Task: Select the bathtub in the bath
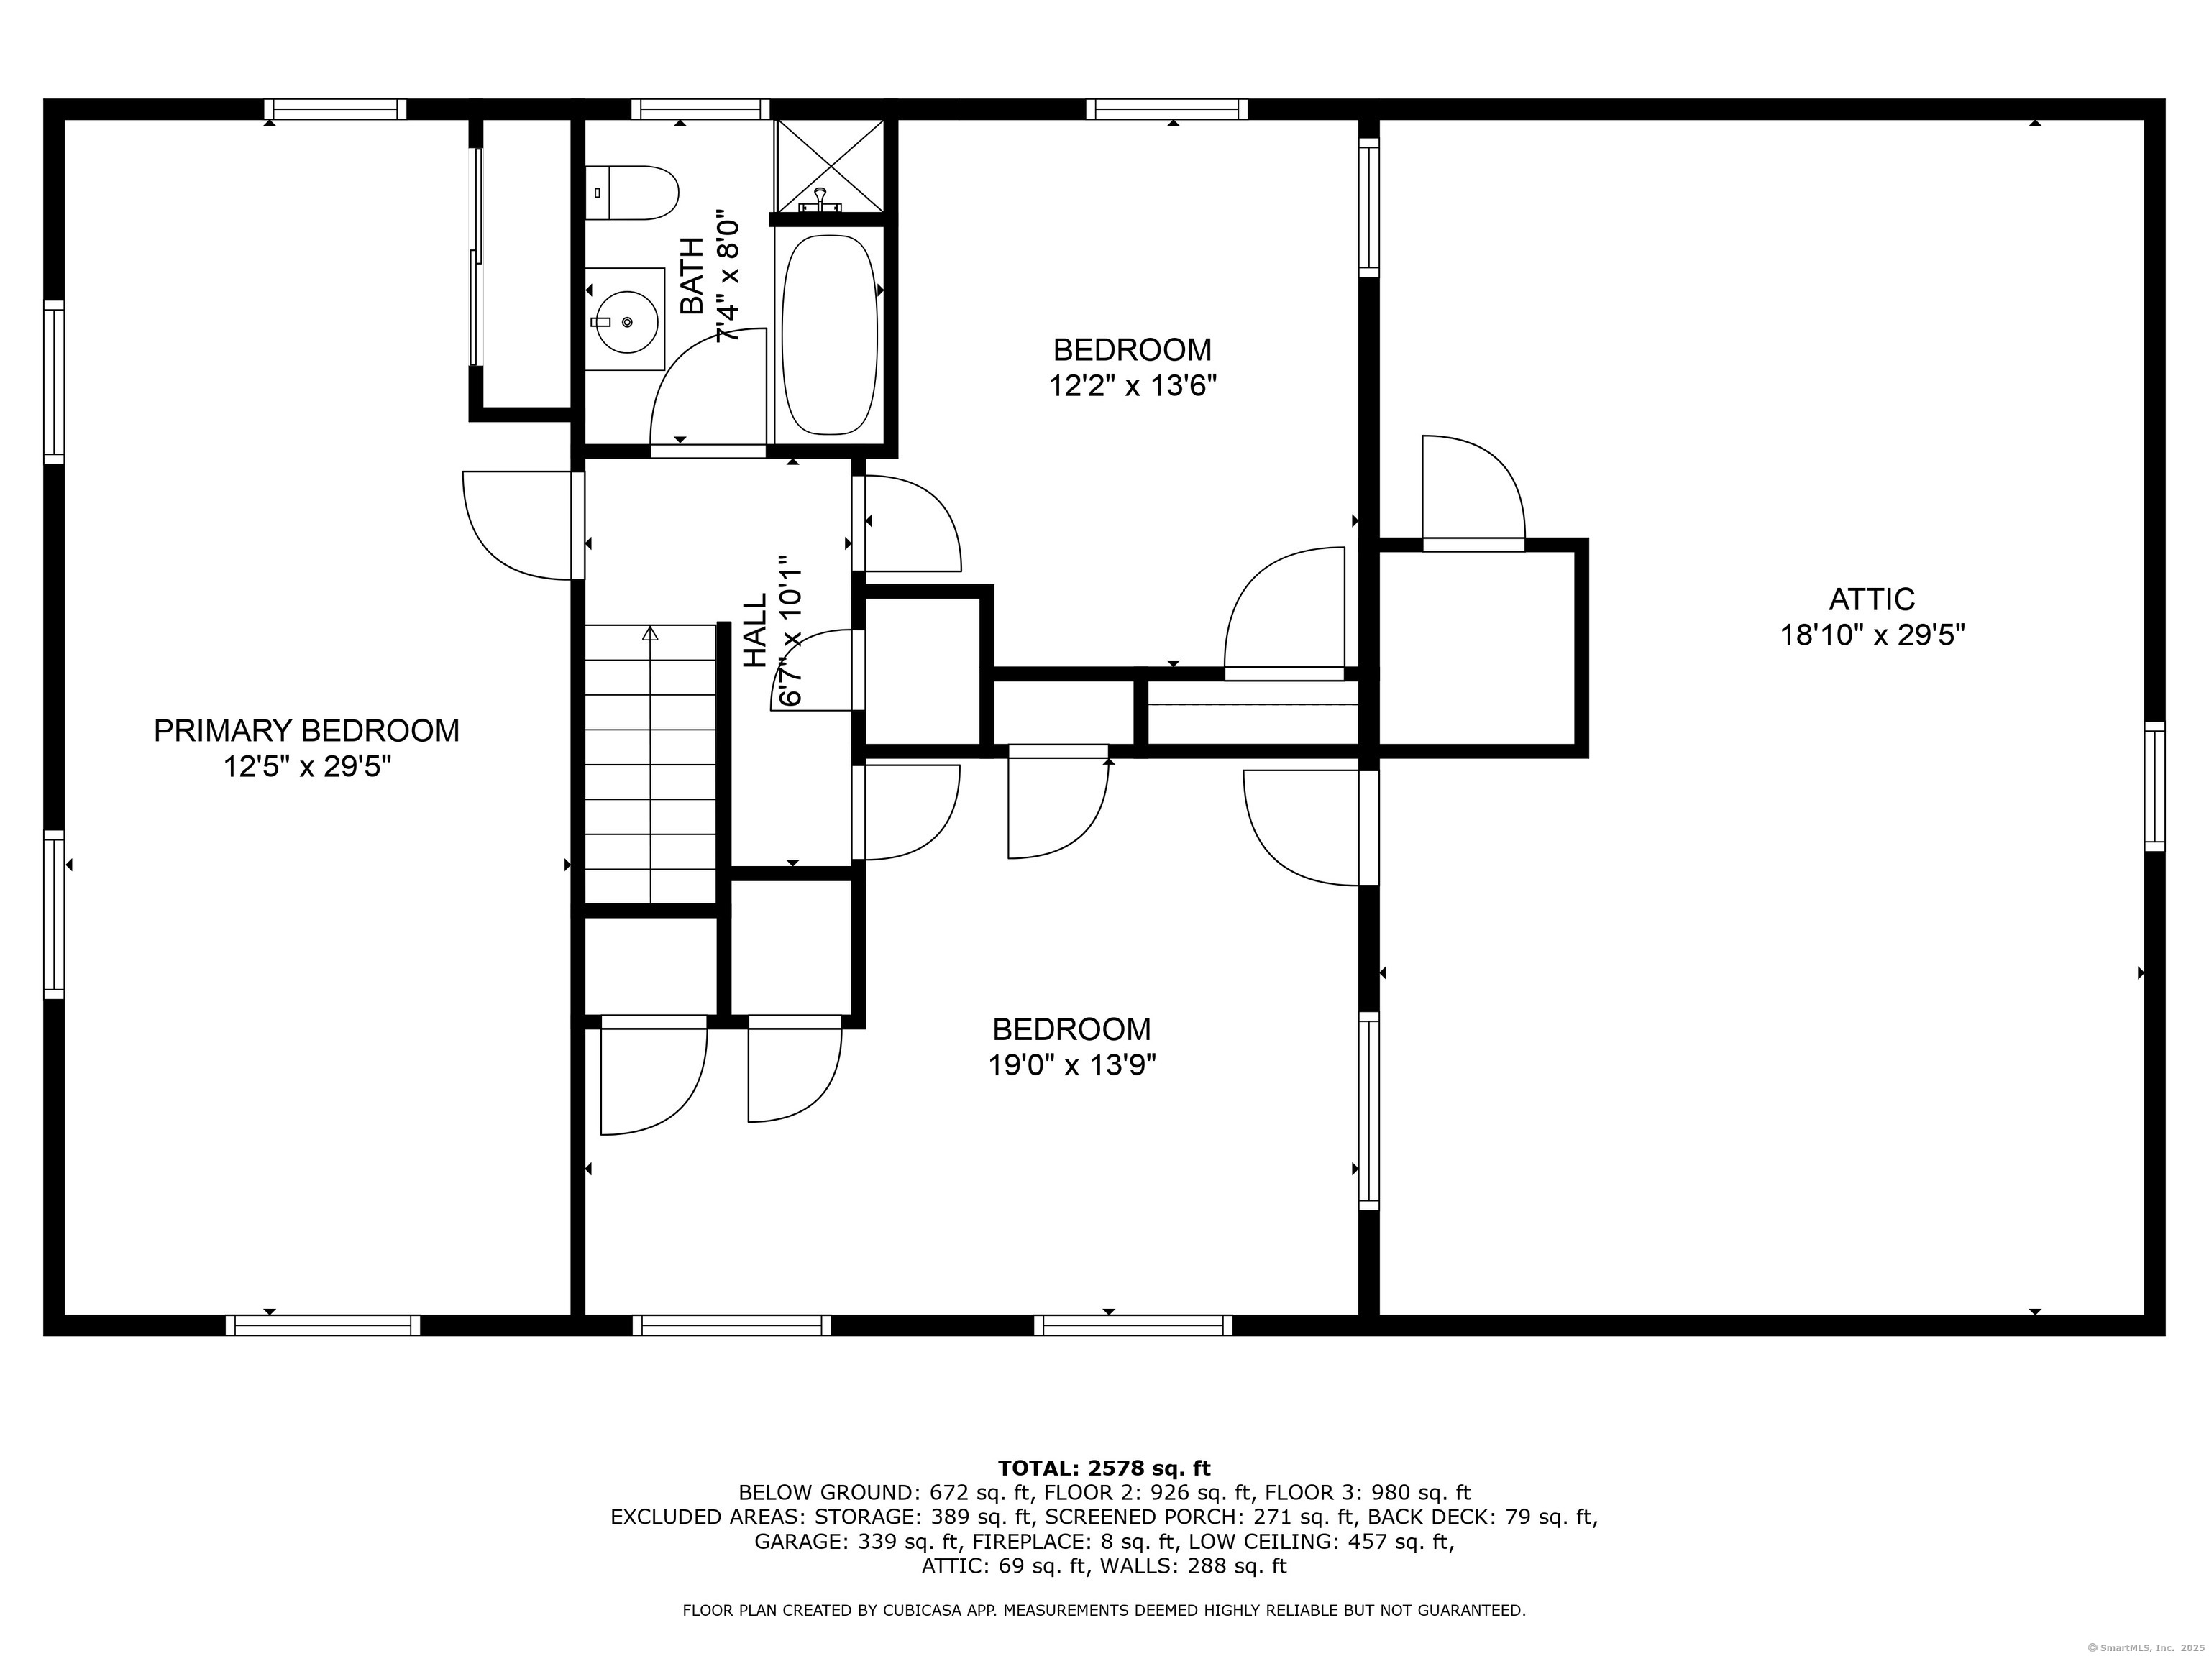coord(829,334)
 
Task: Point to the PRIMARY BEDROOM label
coord(306,731)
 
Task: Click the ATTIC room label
coord(1872,599)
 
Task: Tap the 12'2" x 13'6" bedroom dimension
coord(1133,385)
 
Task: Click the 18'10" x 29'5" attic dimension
coord(1872,635)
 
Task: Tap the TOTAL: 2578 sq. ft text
coord(1104,1468)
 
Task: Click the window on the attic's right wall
coord(2155,786)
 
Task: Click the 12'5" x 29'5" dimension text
coord(306,767)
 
